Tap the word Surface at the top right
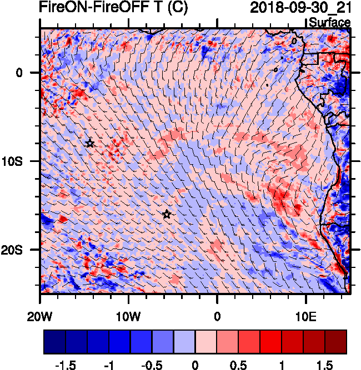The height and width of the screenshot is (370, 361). [329, 23]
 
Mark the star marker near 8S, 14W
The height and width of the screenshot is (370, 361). [90, 143]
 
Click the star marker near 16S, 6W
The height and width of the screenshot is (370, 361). [167, 214]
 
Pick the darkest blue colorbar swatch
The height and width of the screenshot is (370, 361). [54, 342]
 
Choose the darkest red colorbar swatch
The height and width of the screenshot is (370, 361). [336, 342]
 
